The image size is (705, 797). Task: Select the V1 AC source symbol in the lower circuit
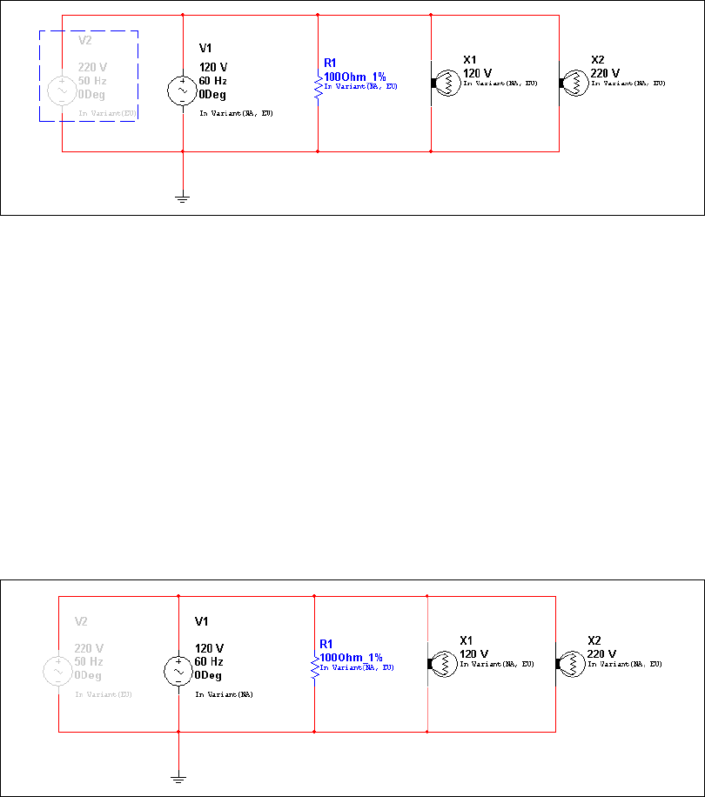click(x=178, y=670)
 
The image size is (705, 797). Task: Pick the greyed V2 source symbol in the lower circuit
click(x=58, y=670)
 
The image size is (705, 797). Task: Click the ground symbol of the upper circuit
click(x=183, y=198)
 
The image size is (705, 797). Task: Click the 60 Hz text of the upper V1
click(x=213, y=81)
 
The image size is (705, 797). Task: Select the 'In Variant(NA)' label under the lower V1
click(x=219, y=694)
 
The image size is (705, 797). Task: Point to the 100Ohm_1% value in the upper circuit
click(x=354, y=77)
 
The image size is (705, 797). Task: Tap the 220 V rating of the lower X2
click(x=601, y=654)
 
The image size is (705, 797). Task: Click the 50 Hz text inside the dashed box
click(x=92, y=80)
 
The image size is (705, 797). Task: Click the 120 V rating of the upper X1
click(x=477, y=73)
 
